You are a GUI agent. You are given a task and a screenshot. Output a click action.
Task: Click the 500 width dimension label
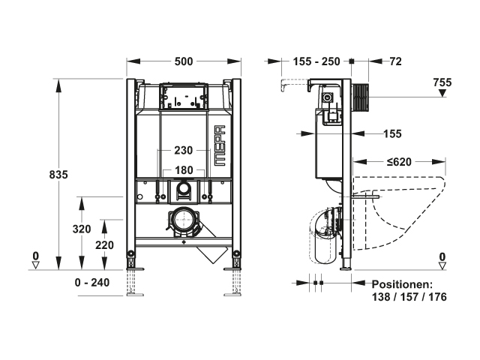[184, 61]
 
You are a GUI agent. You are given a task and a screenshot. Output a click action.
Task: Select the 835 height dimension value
[58, 175]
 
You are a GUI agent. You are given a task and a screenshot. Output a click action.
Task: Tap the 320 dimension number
[82, 229]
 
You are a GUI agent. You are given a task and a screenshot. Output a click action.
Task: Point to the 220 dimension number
[104, 245]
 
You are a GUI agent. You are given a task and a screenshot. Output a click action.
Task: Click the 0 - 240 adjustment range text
[91, 282]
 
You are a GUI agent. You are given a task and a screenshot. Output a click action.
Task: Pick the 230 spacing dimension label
[183, 150]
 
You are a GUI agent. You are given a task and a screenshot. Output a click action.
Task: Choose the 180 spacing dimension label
[184, 170]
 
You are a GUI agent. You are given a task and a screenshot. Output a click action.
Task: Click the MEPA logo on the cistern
[219, 145]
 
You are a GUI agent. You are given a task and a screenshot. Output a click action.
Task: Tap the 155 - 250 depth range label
[316, 61]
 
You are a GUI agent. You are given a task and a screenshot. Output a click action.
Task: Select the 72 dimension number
[395, 61]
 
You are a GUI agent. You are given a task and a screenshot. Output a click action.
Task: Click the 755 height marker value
[442, 82]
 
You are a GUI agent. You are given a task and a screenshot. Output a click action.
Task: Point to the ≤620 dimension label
[399, 162]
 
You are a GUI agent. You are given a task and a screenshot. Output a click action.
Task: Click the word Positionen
[403, 284]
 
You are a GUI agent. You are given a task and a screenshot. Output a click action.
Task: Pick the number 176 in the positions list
[437, 297]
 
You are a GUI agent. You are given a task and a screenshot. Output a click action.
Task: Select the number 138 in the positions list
[381, 297]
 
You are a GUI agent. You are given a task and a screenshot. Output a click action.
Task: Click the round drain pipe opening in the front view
[183, 220]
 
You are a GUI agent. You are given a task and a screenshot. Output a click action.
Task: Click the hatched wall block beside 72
[361, 97]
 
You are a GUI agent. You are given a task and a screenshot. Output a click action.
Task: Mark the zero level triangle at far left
[36, 265]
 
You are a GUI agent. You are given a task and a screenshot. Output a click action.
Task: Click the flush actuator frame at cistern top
[183, 95]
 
